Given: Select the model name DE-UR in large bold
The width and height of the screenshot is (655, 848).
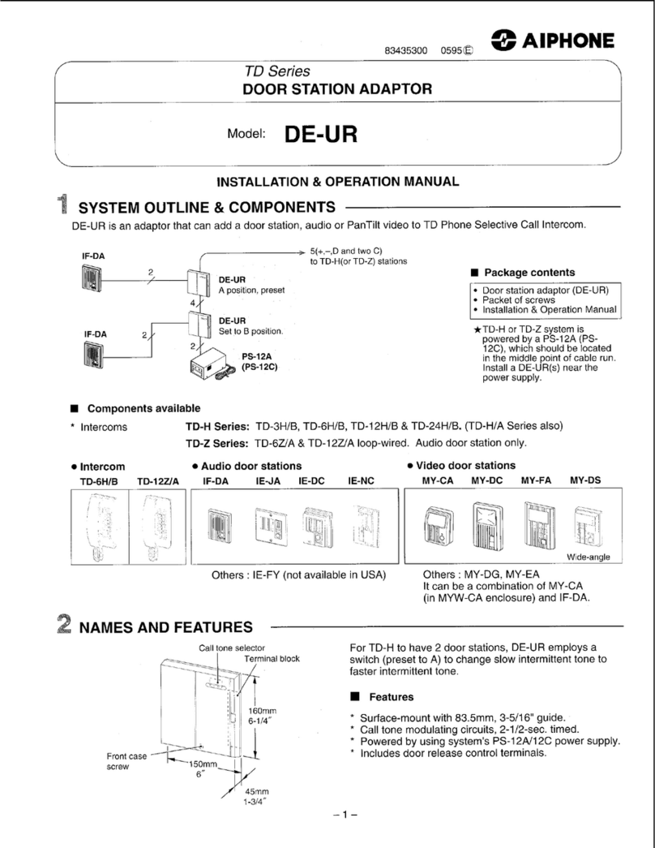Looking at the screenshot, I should (320, 133).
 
